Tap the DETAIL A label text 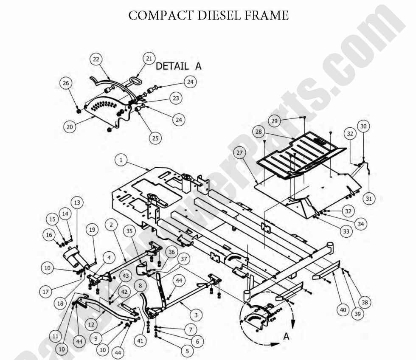coord(179,66)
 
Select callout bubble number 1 coord(121,160)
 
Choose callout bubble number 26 coord(66,84)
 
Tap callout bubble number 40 coord(343,310)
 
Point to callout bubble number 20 coord(70,126)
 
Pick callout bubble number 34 coord(360,224)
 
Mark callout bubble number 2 coord(110,224)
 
